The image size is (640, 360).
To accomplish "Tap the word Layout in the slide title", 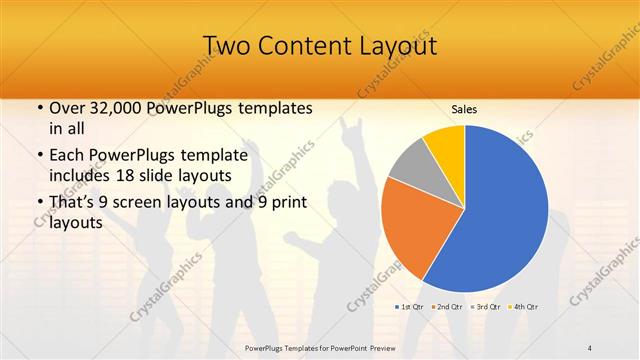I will (x=397, y=46).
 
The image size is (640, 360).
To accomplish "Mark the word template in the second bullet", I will (x=221, y=156).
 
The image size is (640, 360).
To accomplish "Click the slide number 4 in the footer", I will (x=590, y=347).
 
